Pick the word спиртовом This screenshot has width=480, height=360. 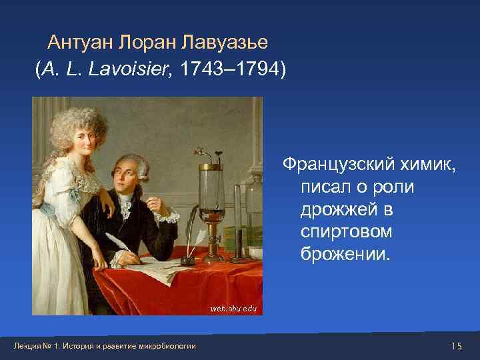click(346, 232)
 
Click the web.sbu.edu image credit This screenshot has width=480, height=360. click(233, 309)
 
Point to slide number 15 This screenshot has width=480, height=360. click(456, 345)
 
